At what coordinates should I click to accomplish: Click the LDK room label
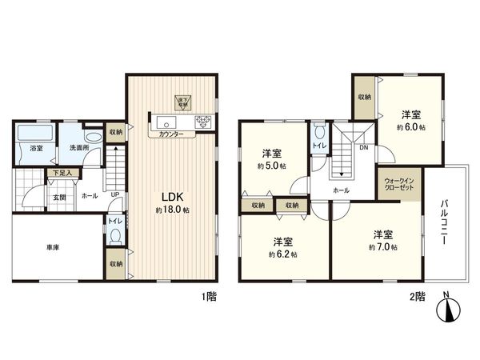pos(174,196)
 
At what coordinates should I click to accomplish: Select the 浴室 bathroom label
pos(36,149)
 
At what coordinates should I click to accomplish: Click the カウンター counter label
pos(170,134)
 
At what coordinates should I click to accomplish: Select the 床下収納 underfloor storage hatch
pos(182,102)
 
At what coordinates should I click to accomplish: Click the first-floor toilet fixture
pos(115,237)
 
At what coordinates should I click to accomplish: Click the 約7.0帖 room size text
pos(382,248)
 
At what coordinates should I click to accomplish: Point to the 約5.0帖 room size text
pos(272,166)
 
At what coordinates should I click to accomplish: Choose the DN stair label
pos(363,147)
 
